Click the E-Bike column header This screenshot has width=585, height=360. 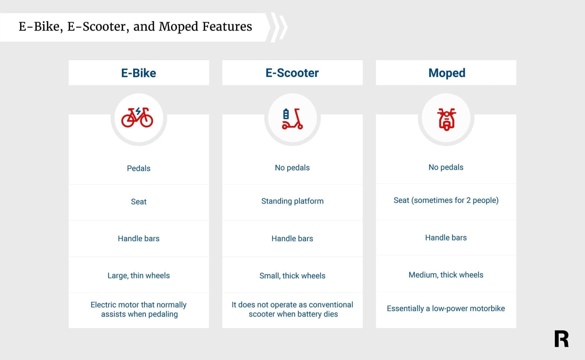(139, 73)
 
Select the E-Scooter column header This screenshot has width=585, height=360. (292, 73)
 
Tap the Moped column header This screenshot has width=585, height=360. (446, 73)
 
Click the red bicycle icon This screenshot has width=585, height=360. (137, 118)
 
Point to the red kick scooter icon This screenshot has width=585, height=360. (292, 119)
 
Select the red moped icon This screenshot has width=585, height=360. (446, 119)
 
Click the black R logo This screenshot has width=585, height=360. (561, 339)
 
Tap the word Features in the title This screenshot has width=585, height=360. (227, 27)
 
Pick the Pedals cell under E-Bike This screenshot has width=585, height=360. (139, 168)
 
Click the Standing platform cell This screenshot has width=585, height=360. (292, 201)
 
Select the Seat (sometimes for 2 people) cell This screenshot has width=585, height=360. (446, 200)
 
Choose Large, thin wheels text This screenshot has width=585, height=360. (139, 275)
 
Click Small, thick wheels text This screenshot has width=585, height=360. (292, 276)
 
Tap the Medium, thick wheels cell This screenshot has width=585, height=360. (446, 275)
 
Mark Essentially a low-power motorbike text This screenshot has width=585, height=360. (446, 309)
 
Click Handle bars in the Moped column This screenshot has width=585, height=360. (446, 238)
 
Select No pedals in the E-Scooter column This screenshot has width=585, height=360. (292, 168)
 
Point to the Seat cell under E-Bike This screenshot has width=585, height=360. (139, 202)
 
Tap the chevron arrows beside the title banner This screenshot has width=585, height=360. (279, 27)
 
